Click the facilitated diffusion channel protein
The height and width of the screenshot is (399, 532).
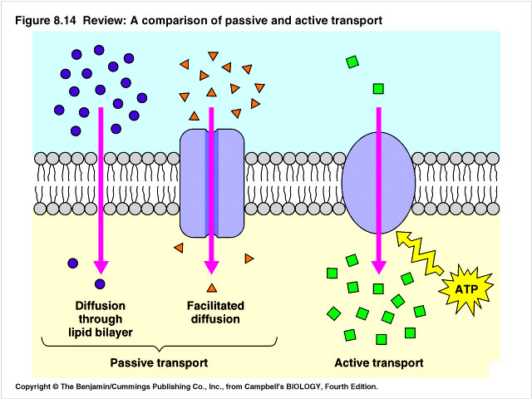(x=211, y=182)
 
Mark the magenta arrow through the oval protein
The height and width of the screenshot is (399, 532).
(x=378, y=191)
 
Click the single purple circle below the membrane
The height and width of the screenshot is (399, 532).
(x=73, y=264)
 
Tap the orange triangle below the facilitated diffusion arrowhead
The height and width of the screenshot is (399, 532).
(x=211, y=288)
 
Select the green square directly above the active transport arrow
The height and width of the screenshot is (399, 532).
(x=378, y=88)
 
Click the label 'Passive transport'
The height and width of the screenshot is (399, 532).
(x=159, y=363)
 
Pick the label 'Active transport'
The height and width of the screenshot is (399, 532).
(x=379, y=363)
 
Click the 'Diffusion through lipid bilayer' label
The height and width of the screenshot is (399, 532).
(x=101, y=318)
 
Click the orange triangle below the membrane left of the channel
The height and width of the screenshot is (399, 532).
(x=177, y=248)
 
